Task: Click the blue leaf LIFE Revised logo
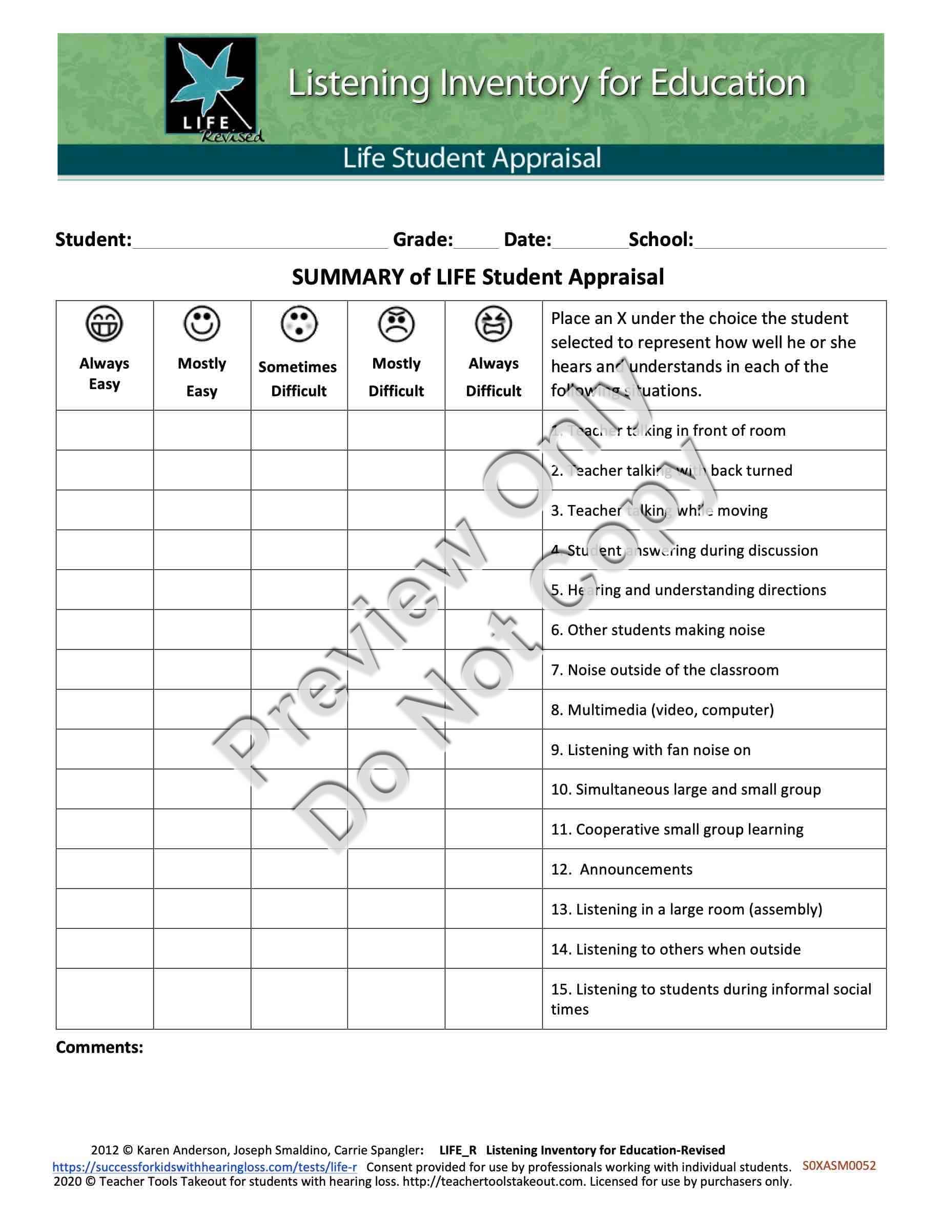[x=212, y=88]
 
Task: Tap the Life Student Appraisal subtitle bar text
[x=472, y=158]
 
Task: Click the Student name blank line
[x=260, y=241]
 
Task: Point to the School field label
[x=661, y=240]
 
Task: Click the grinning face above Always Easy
[x=104, y=323]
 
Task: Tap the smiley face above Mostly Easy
[x=202, y=323]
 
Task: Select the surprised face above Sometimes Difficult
[x=299, y=323]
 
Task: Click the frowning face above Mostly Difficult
[x=396, y=324]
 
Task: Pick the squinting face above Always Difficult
[x=494, y=323]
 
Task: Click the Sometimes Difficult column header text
[x=298, y=379]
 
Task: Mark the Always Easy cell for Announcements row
[x=105, y=869]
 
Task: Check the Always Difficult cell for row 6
[x=494, y=630]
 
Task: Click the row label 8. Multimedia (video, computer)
[x=662, y=710]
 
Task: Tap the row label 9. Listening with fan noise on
[x=650, y=749]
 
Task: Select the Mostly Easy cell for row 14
[x=202, y=949]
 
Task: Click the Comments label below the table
[x=100, y=1047]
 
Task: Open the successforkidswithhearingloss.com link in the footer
[x=204, y=1167]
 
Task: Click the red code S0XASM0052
[x=839, y=1166]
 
